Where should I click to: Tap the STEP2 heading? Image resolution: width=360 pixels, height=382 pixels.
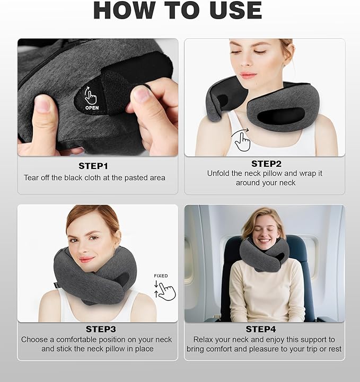266,164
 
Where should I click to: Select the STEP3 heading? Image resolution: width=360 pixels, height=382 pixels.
98,330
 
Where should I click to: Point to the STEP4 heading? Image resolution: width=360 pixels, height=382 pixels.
264,330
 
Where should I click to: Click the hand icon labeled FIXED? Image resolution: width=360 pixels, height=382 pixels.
166,290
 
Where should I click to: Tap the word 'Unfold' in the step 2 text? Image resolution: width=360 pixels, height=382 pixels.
219,173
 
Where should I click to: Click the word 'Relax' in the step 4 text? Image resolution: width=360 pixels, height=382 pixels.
204,339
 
